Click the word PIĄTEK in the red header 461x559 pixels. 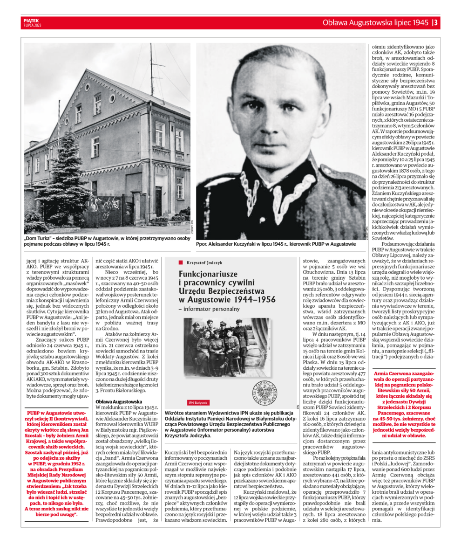(30, 20)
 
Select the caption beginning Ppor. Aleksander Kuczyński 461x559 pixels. (276, 244)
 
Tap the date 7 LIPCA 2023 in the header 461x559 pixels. (31, 25)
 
